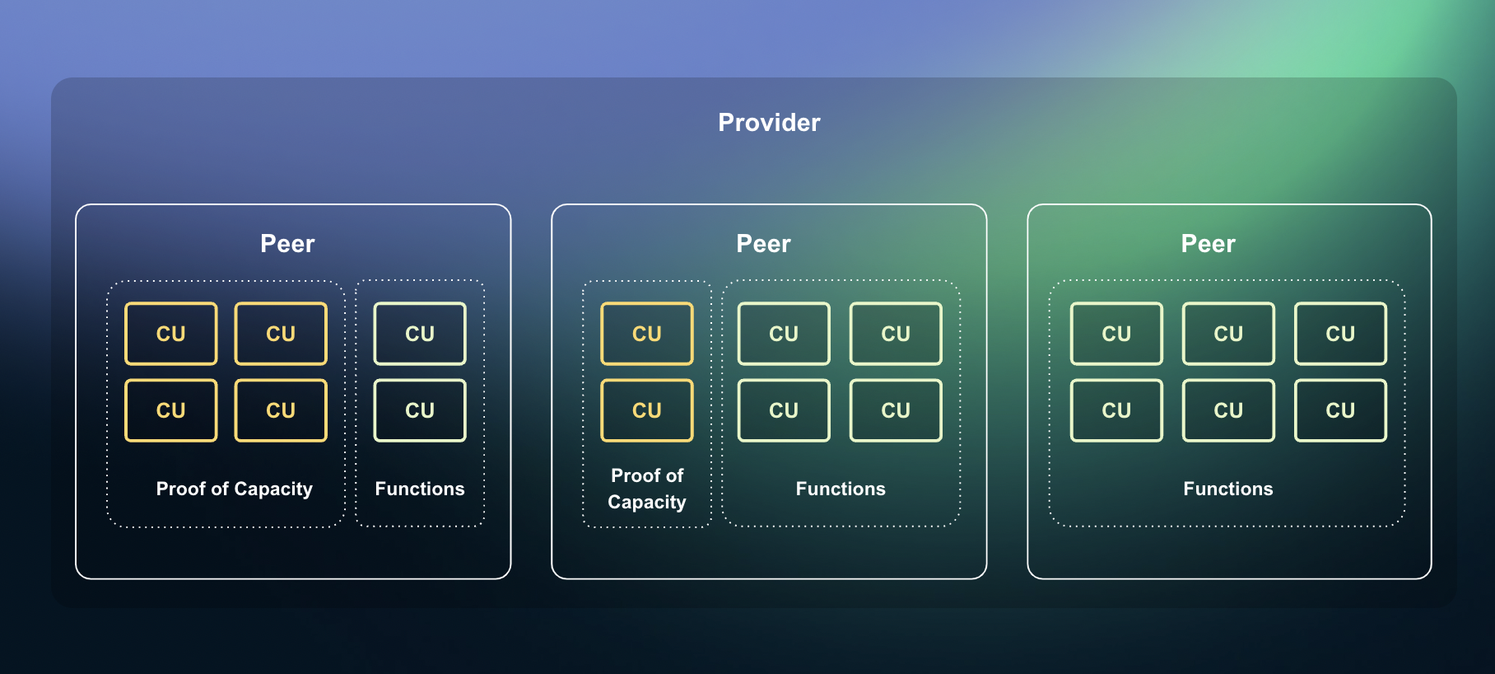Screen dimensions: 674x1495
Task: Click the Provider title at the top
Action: coord(769,123)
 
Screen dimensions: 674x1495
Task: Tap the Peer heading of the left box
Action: coord(287,244)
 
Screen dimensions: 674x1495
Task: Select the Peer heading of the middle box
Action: coord(763,244)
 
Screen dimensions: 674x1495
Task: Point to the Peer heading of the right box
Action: coord(1208,244)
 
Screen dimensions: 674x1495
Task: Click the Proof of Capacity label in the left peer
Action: coord(234,489)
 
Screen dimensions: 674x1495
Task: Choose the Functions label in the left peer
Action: coord(419,489)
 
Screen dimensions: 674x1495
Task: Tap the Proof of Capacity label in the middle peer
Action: coord(647,489)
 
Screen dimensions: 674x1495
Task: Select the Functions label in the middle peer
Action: coord(841,489)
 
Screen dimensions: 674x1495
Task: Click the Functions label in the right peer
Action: coord(1227,489)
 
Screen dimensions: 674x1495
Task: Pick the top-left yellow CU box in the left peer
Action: coord(171,334)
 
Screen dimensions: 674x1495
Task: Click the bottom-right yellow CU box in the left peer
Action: coord(281,410)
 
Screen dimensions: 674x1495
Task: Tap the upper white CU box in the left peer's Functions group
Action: coord(420,334)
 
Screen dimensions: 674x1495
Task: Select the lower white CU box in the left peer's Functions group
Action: coord(420,410)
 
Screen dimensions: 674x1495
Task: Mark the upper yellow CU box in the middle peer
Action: coord(647,334)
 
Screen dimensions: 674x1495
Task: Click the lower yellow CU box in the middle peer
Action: coord(647,410)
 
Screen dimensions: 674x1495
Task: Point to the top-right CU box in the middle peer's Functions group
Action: coord(896,334)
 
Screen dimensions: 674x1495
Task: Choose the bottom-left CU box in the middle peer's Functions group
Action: coord(784,410)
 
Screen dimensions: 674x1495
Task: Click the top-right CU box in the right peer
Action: coord(1340,334)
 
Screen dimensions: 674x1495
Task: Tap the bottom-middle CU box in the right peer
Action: coord(1228,410)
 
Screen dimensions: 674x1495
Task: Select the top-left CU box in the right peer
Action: coord(1116,334)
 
